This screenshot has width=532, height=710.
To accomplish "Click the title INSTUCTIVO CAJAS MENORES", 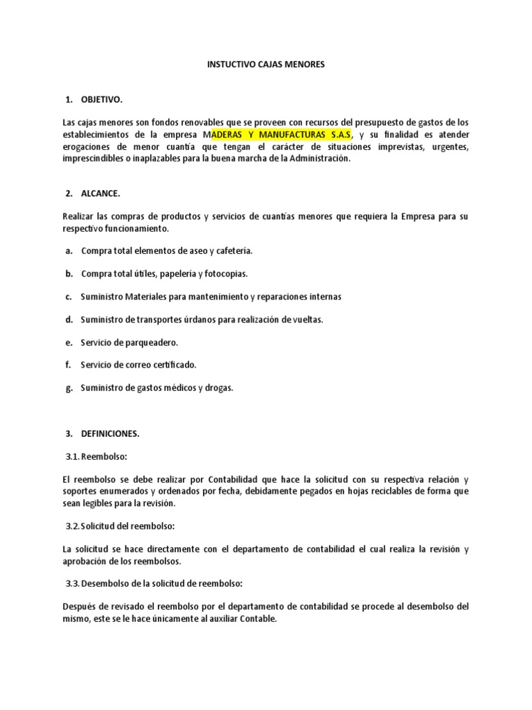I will tap(266, 64).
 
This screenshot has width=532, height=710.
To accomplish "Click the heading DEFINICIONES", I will tap(110, 434).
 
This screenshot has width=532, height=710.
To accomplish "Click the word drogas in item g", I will tap(218, 388).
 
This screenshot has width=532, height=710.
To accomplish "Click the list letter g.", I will tap(69, 388).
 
